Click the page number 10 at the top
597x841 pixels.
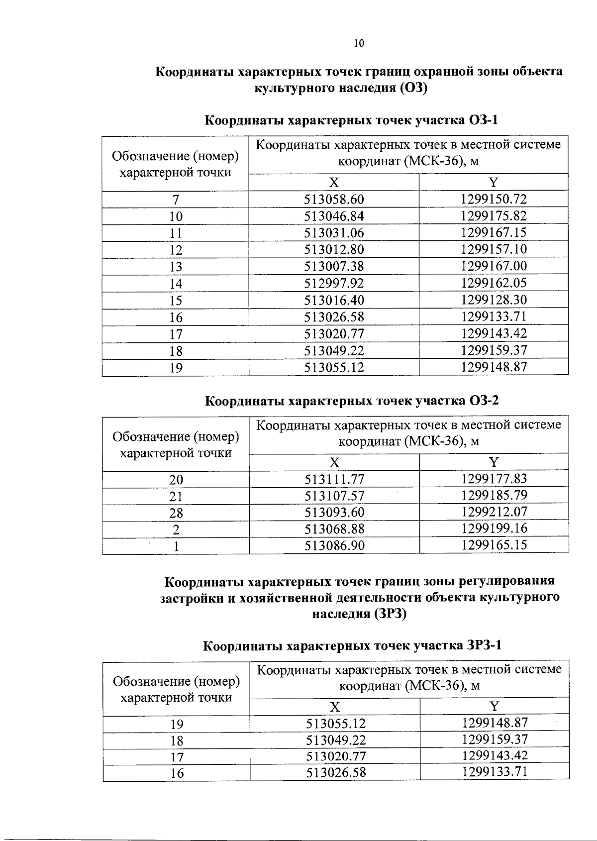point(359,43)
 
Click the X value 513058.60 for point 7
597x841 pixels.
point(334,200)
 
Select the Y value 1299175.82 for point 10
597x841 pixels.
point(494,216)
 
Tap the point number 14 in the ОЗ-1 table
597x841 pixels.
point(176,284)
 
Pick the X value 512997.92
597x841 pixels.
point(334,284)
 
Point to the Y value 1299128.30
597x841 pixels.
point(494,300)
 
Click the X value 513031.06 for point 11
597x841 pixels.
point(334,233)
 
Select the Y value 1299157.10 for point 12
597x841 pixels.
point(494,249)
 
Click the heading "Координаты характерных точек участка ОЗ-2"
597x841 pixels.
point(352,401)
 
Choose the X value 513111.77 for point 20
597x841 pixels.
point(334,480)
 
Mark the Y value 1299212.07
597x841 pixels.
point(494,512)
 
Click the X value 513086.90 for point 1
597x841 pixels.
point(334,546)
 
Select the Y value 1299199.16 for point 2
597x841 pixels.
point(494,528)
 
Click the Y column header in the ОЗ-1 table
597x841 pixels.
point(494,182)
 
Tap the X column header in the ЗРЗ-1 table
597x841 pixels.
point(335,707)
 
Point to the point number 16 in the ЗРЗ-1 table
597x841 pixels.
point(177,773)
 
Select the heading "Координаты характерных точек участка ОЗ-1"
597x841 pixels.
point(352,121)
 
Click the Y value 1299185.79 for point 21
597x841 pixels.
point(494,496)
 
